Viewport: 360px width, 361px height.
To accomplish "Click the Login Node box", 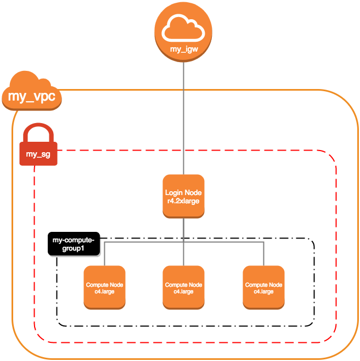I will coord(183,197).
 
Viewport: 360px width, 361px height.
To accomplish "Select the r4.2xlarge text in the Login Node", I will coord(183,201).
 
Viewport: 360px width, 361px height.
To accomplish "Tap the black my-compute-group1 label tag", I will coord(74,244).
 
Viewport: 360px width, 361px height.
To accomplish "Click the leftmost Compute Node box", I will coord(104,287).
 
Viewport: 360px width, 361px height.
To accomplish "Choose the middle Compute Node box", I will coord(183,287).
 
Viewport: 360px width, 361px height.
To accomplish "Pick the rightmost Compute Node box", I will coord(263,287).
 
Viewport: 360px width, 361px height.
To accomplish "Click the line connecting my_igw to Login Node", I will coord(183,121).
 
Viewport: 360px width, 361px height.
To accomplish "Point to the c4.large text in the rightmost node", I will coord(263,292).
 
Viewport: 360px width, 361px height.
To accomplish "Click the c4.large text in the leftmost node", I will coord(104,292).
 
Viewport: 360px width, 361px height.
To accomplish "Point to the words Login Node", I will coord(183,193).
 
